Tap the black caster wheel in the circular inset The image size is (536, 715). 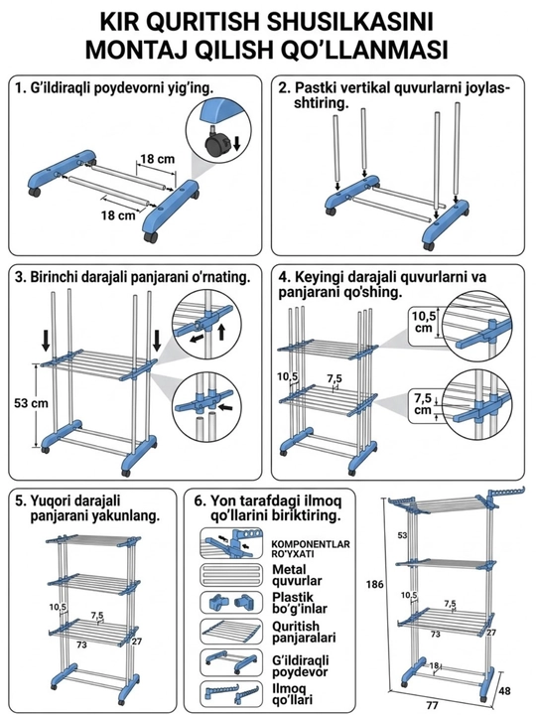pos(214,145)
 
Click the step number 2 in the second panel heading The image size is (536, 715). pos(282,88)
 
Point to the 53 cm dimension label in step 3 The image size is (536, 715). pos(31,403)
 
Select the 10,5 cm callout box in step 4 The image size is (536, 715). pos(425,322)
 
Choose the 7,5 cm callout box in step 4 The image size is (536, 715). pos(424,403)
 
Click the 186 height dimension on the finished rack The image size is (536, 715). pos(374,584)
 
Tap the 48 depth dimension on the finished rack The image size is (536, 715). pos(504,691)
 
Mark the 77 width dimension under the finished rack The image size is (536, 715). pos(433,705)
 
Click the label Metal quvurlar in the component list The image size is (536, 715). pos(297,575)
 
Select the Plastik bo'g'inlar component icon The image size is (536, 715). pos(231,603)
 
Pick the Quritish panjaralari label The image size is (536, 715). pos(304,632)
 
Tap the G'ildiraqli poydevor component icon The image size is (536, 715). pos(231,662)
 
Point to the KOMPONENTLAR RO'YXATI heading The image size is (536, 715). pos(311,549)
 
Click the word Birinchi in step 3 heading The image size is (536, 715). pos(50,277)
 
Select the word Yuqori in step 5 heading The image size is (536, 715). pos(49,500)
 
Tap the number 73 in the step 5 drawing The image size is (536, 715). pos(82,644)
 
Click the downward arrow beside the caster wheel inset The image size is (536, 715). pos(236,142)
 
